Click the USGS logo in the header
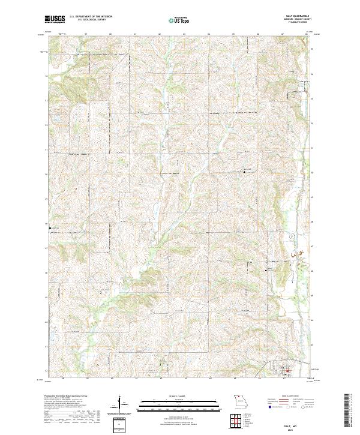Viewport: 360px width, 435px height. (55, 19)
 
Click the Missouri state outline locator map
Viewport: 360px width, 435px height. (242, 400)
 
